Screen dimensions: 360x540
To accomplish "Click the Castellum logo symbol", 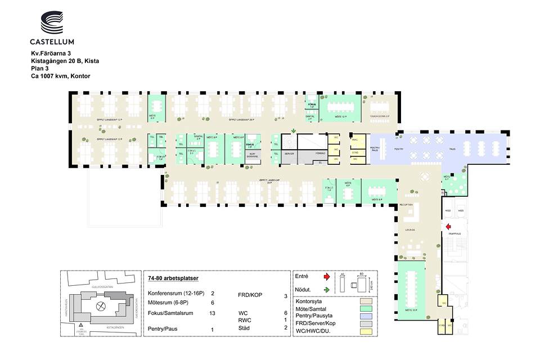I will tap(52, 23).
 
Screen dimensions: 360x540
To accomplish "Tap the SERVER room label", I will tap(289, 154).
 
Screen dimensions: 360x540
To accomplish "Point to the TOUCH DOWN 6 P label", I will tap(380, 116).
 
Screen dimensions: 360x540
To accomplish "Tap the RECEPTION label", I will tap(406, 205).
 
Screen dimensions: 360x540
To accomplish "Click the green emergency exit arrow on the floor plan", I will tap(292, 132).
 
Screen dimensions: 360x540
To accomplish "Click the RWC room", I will tap(355, 140).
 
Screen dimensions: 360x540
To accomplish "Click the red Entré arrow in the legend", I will tap(326, 277).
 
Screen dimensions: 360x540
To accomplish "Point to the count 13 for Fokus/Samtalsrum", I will tap(212, 313).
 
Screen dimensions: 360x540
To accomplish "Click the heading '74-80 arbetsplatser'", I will tap(173, 278).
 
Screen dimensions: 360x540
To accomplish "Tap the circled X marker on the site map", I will tap(101, 307).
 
